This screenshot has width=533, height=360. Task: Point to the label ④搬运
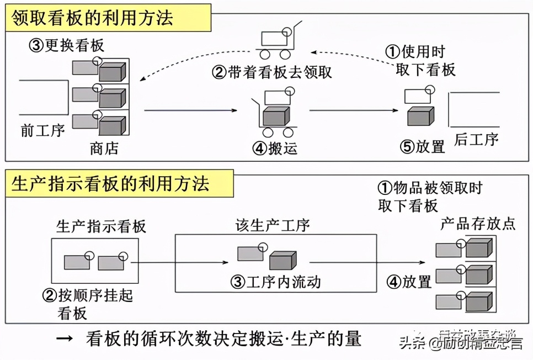[x=275, y=148]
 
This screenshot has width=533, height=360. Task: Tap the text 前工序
[x=42, y=130]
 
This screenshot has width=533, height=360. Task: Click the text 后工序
[x=476, y=139]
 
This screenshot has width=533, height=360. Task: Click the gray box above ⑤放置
[x=420, y=116]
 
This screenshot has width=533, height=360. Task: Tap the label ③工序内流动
[x=276, y=282]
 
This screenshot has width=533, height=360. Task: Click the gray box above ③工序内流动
[x=283, y=260]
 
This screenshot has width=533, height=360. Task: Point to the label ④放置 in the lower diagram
[x=408, y=282]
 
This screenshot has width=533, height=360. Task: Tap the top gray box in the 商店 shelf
[x=112, y=72]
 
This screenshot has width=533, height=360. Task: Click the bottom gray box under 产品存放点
[x=478, y=301]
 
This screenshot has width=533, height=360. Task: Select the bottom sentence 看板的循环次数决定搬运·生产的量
[x=223, y=338]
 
